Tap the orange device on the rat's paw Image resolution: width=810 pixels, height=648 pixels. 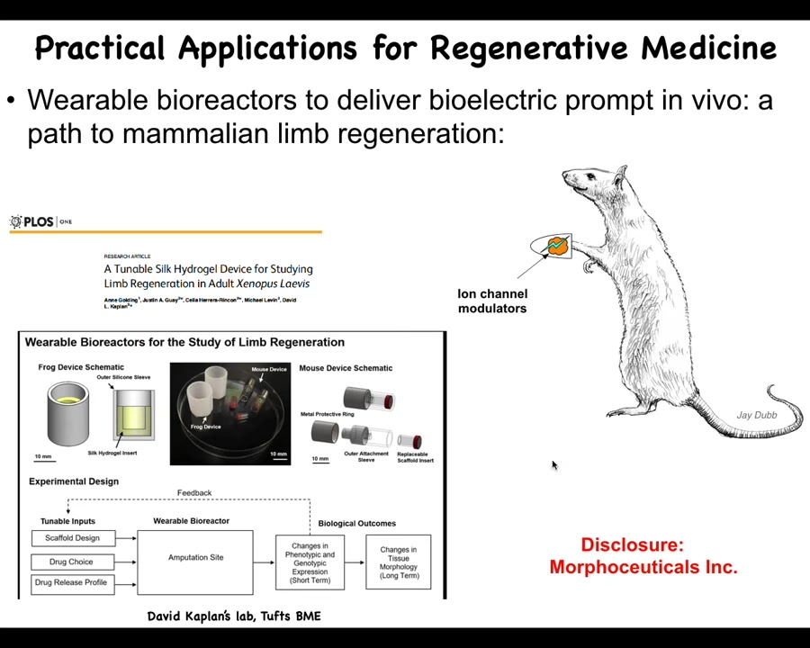tap(558, 245)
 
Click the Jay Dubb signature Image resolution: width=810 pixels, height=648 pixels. tap(756, 415)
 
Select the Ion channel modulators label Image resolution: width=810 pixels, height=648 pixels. tap(492, 301)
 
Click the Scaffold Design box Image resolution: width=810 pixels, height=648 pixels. tap(72, 538)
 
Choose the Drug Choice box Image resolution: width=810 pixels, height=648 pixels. tap(69, 562)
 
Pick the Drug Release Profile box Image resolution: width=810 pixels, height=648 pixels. tap(70, 582)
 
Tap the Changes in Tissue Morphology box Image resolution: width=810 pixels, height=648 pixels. tap(398, 562)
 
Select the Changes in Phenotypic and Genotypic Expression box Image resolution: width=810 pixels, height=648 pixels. tap(310, 562)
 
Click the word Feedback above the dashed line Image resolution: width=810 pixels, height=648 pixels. tap(194, 492)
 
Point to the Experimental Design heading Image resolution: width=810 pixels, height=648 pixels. tap(74, 481)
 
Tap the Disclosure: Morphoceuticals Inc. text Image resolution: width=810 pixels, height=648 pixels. tap(643, 556)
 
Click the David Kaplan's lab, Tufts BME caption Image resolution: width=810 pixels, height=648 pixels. tap(234, 616)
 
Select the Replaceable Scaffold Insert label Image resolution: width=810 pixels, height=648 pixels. tap(412, 457)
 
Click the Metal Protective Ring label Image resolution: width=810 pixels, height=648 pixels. tap(328, 414)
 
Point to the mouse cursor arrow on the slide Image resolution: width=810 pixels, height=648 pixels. tap(553, 464)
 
